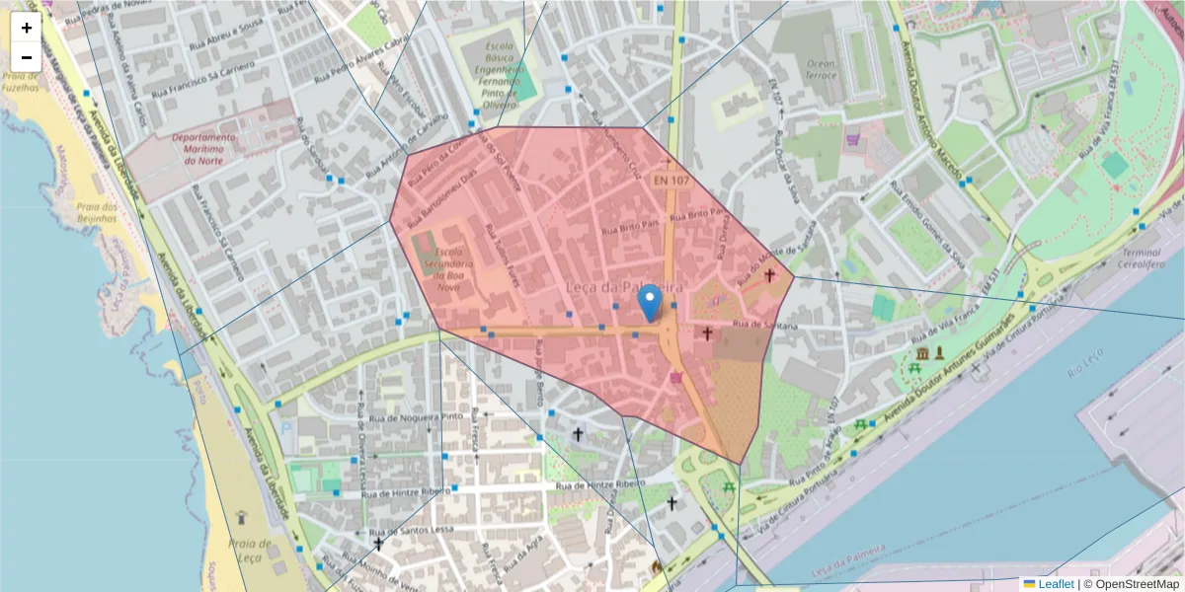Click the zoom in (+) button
pyautogui.click(x=27, y=28)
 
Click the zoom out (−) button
pyautogui.click(x=27, y=57)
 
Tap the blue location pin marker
pyautogui.click(x=649, y=302)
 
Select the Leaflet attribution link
pyautogui.click(x=1055, y=584)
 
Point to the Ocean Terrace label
pyautogui.click(x=821, y=69)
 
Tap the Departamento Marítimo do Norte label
pyautogui.click(x=202, y=148)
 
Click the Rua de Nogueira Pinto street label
pyautogui.click(x=413, y=417)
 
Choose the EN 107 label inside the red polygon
pyautogui.click(x=671, y=181)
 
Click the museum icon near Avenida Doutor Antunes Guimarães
pyautogui.click(x=921, y=353)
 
